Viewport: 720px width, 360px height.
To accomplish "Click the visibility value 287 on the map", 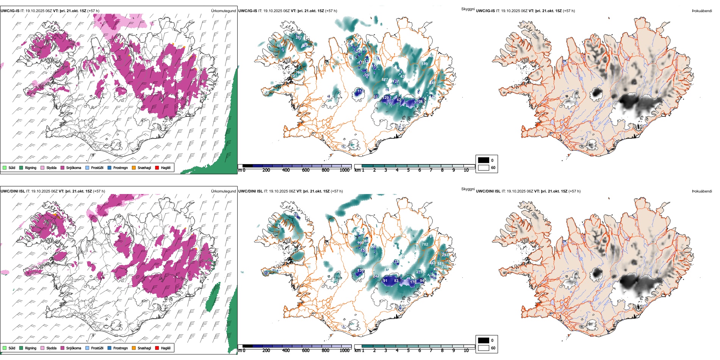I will [299, 38].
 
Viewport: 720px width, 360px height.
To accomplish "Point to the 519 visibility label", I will [424, 64].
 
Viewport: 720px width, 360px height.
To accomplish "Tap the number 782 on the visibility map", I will [425, 244].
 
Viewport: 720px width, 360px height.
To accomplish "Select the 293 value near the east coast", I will [445, 255].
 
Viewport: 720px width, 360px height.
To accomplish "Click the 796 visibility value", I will [299, 73].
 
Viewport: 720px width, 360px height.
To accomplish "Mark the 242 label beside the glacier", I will [376, 276].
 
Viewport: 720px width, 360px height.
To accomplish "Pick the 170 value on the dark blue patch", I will [413, 282].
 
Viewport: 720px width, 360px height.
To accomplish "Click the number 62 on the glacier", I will [399, 100].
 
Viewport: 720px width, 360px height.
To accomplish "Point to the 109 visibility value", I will [419, 102].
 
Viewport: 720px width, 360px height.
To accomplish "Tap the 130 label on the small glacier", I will [360, 271].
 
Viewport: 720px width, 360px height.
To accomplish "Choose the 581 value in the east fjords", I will [440, 264].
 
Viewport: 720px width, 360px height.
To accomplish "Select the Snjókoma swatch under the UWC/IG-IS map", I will [63, 167].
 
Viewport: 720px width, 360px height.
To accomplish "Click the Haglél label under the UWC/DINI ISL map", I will [166, 348].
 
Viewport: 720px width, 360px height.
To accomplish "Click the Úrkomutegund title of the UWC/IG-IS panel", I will [223, 11].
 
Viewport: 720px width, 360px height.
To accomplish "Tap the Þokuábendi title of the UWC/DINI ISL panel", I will [702, 191].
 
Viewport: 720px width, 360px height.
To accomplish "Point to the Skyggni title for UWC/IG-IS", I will [468, 9].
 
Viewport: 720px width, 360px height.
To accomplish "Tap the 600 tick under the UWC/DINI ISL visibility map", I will [305, 351].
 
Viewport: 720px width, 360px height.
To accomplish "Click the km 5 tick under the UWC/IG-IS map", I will [408, 170].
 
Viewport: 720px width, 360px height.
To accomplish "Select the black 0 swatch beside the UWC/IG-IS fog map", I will [484, 160].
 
